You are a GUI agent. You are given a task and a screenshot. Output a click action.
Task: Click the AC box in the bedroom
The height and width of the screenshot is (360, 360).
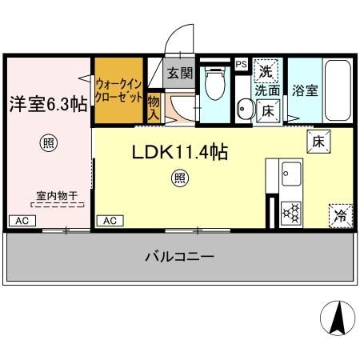click(22, 221)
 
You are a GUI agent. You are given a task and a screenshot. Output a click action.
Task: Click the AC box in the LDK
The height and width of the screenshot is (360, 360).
click(110, 221)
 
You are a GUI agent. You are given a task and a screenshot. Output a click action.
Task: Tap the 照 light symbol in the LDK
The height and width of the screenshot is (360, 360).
click(180, 178)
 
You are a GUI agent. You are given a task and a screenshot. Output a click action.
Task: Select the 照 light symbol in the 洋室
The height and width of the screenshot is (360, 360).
click(49, 143)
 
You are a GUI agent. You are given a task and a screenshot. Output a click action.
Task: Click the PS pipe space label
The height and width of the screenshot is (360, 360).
click(242, 64)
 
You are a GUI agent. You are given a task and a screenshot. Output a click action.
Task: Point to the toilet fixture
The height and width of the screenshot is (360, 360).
click(215, 82)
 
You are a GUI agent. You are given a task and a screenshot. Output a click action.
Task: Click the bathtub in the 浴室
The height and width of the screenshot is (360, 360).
click(338, 90)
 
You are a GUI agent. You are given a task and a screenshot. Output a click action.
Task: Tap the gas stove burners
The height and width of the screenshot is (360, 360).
click(291, 213)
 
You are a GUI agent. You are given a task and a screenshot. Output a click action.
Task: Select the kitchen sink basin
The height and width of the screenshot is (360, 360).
click(291, 174)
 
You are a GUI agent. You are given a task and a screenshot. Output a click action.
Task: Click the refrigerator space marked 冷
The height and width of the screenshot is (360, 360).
click(341, 216)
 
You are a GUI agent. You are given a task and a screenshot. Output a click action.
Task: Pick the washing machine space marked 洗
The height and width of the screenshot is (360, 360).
click(266, 71)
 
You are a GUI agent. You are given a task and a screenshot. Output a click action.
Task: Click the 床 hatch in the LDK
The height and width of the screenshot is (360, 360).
click(318, 142)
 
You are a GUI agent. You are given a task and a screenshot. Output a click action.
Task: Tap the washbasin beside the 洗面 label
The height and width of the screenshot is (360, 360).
click(245, 109)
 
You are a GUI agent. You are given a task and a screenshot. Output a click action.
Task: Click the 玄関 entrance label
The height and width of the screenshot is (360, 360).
click(180, 73)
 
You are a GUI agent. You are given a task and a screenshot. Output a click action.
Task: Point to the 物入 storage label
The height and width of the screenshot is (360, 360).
click(154, 108)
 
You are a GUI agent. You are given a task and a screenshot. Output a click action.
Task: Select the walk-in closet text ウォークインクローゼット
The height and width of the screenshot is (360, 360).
click(119, 90)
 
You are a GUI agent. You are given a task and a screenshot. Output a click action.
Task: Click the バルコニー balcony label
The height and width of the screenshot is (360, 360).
click(179, 257)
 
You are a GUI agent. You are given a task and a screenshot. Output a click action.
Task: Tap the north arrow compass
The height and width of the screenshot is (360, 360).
click(338, 318)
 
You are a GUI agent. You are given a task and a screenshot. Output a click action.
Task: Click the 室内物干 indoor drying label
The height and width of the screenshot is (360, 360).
click(57, 196)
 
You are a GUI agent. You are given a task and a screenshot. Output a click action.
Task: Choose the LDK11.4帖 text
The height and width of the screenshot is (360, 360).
click(180, 152)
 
